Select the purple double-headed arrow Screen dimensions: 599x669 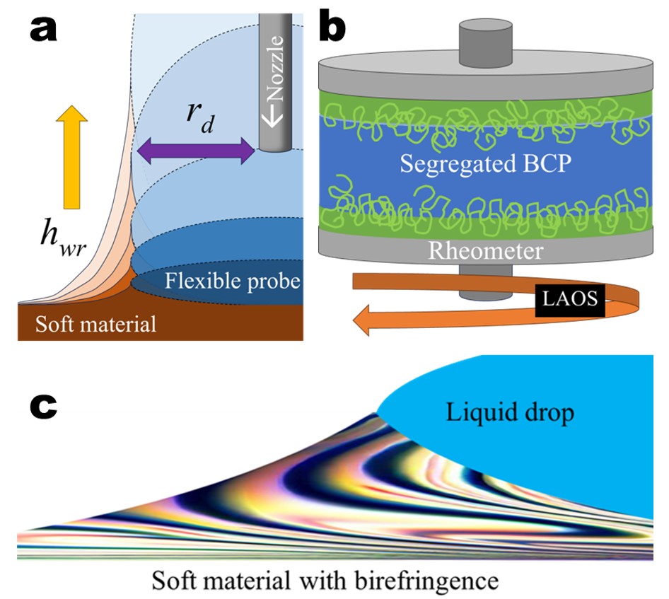[x=195, y=150]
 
